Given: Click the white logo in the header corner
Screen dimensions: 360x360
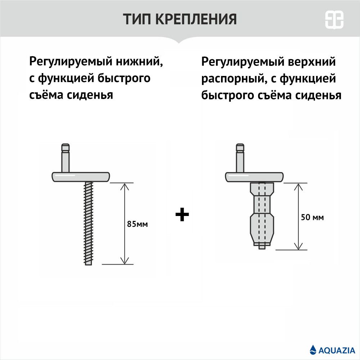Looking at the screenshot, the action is tap(334, 19).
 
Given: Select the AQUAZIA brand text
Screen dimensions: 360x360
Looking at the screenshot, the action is tap(337, 350).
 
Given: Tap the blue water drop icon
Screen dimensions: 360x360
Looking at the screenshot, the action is tap(313, 350).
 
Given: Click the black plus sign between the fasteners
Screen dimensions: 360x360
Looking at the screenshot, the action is tap(182, 215).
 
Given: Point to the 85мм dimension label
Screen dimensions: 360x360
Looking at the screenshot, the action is tap(137, 224).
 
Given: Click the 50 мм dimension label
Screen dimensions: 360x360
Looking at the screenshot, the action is tap(312, 217).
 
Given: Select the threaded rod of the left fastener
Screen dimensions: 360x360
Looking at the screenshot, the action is tap(89, 223).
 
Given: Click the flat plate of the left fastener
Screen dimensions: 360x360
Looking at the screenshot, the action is tap(81, 177).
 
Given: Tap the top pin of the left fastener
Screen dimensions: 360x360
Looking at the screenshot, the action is tap(66, 158).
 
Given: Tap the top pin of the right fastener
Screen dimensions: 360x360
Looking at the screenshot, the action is tap(240, 158).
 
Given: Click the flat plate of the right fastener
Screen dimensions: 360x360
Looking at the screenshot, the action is tap(254, 177).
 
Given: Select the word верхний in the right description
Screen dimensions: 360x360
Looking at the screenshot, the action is tap(311, 62).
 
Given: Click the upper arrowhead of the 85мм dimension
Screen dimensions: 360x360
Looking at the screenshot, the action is tap(125, 186).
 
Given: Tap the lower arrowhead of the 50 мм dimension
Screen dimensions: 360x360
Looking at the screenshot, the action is tap(298, 246).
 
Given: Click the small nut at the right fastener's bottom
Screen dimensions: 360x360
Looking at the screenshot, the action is tap(262, 247).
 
